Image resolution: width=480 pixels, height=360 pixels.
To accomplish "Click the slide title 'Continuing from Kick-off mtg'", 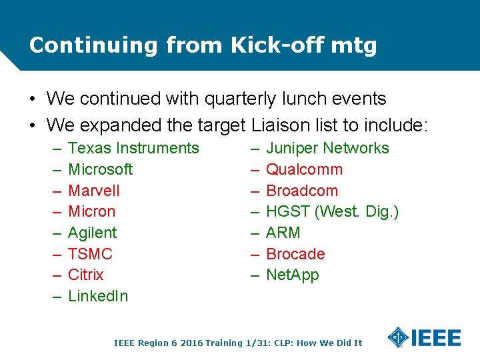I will [x=203, y=45].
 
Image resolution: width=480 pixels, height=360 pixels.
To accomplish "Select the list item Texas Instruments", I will [x=133, y=148].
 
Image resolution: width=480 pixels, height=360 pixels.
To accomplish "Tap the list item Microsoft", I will [x=100, y=169].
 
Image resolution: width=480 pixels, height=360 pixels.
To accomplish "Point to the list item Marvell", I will [x=93, y=191].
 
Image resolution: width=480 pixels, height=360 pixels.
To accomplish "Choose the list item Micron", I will [x=91, y=211].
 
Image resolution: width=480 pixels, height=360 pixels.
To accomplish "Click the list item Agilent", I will [x=92, y=233].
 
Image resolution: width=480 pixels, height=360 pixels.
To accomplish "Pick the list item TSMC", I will [x=90, y=254].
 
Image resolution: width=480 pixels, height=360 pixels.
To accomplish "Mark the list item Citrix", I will [x=85, y=275].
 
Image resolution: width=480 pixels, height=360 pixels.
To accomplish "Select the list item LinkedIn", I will [x=97, y=296].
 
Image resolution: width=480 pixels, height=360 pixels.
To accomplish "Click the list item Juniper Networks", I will [x=327, y=148].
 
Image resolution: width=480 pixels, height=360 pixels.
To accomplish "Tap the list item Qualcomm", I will [x=304, y=169].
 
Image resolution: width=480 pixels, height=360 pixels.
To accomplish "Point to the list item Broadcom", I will [x=302, y=191].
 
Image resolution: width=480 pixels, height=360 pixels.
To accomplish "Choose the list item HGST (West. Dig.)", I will [x=332, y=211].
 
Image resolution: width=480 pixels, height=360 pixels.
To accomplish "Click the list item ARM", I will [x=283, y=233].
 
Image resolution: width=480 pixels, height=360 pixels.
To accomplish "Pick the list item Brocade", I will [x=295, y=254].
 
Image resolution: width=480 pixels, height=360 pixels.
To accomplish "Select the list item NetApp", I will [x=292, y=275].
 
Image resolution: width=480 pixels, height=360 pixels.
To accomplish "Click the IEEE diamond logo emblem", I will [x=398, y=337].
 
